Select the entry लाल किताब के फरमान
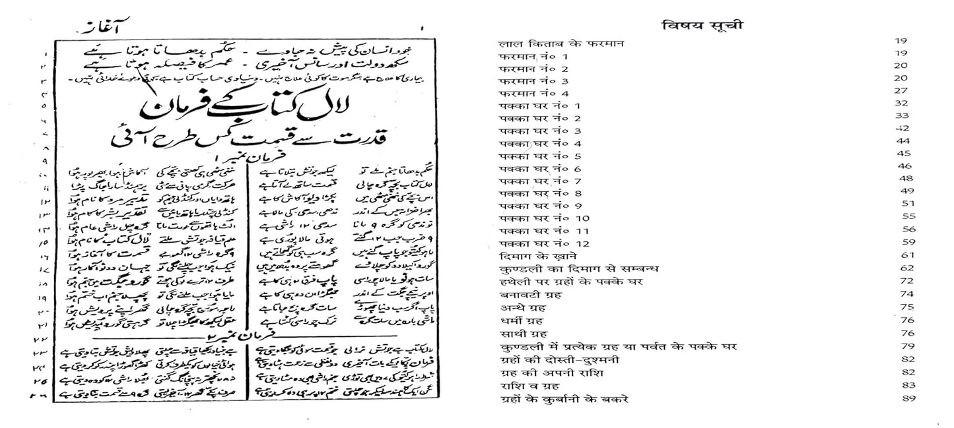tap(561, 44)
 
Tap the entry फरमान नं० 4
tap(534, 94)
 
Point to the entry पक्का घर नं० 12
tap(543, 243)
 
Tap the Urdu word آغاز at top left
tap(93, 30)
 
